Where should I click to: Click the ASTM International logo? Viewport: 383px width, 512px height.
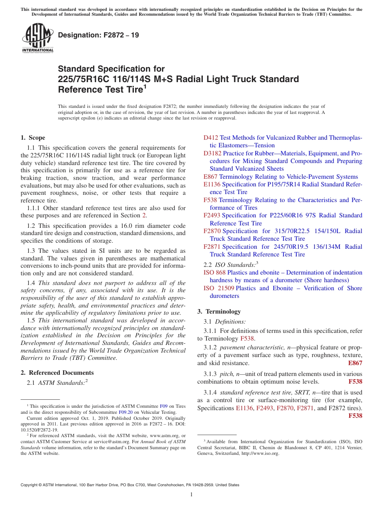pyautogui.click(x=37, y=38)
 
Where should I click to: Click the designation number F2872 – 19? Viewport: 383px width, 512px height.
pyautogui.click(x=98, y=35)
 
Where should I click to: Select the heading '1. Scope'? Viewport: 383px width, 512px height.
pyautogui.click(x=33, y=138)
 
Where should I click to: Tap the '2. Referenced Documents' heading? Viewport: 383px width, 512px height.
pyautogui.click(x=57, y=373)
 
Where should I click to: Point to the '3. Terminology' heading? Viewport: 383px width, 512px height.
pyautogui.click(x=219, y=312)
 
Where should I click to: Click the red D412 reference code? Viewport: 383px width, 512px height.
pyautogui.click(x=211, y=138)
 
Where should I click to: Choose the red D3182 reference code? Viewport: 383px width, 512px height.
pyautogui.click(x=212, y=153)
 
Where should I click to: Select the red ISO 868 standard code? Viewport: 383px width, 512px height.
pyautogui.click(x=214, y=273)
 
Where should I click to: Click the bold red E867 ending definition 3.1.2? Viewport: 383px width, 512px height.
pyautogui.click(x=355, y=363)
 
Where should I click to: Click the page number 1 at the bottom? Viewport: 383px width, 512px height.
pyautogui.click(x=191, y=494)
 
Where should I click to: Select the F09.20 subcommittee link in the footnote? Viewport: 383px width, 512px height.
pyautogui.click(x=126, y=412)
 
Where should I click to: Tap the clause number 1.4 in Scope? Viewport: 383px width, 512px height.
pyautogui.click(x=31, y=283)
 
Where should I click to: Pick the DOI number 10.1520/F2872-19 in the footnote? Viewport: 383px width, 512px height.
pyautogui.click(x=39, y=429)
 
